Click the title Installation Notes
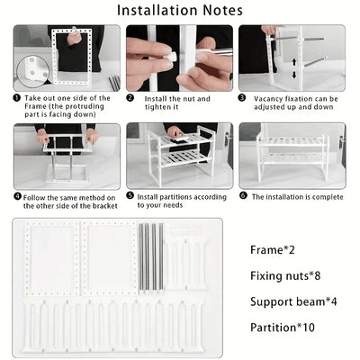pos(179,11)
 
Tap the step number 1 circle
pos(18,98)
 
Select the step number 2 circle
pos(130,98)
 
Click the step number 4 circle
pos(18,195)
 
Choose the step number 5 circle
pos(130,195)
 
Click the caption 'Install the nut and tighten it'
pos(176,103)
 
